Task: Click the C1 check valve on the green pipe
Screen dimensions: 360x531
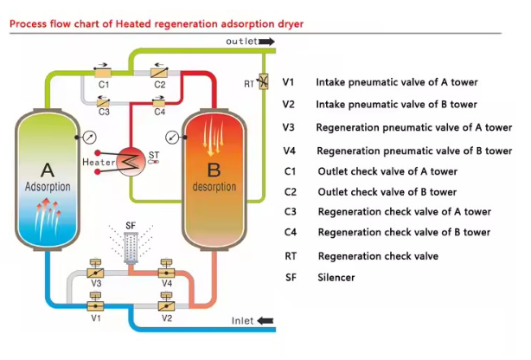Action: pos(102,73)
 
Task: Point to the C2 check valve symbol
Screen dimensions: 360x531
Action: pos(160,73)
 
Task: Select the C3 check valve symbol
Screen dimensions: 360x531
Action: pos(102,100)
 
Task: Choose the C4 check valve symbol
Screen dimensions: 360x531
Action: pos(160,100)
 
